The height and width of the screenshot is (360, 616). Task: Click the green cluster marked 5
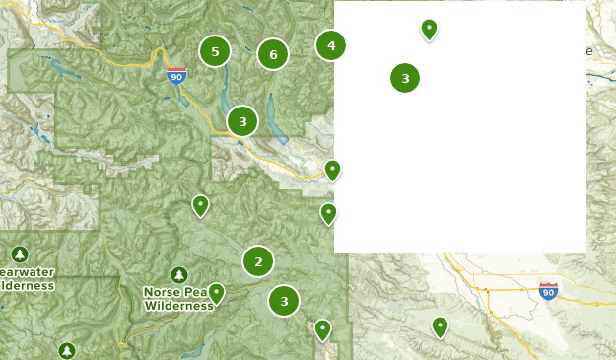coord(214,51)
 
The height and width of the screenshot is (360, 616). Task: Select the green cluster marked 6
coord(273,54)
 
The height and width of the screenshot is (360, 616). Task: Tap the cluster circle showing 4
coord(331,45)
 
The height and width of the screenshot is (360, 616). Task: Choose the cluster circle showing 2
coord(258,261)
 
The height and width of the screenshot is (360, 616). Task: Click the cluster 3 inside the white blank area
coord(405,78)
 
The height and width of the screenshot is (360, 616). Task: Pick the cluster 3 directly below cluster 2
coord(284,301)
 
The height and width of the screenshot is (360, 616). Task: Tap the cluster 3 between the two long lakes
coord(242,121)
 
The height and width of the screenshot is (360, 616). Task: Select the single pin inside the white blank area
coord(429,30)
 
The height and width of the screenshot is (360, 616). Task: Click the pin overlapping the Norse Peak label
coord(216,293)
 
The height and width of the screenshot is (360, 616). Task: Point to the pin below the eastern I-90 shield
coord(440,326)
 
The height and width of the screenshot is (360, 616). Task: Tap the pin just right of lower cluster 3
coord(322,330)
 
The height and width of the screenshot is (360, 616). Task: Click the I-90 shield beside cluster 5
coord(176,75)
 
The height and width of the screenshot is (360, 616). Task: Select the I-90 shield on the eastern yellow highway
coord(549,291)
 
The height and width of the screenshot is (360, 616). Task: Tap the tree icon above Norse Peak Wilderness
coord(178,274)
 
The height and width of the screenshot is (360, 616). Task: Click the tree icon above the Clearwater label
coord(20,253)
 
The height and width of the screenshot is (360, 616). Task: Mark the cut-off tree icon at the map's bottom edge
coord(66,351)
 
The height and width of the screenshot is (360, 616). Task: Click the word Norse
coord(162,292)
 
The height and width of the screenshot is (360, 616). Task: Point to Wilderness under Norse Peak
coord(178,306)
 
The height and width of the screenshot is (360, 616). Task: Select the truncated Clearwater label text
coord(27,272)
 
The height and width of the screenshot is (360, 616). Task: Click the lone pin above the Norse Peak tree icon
coord(200,205)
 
